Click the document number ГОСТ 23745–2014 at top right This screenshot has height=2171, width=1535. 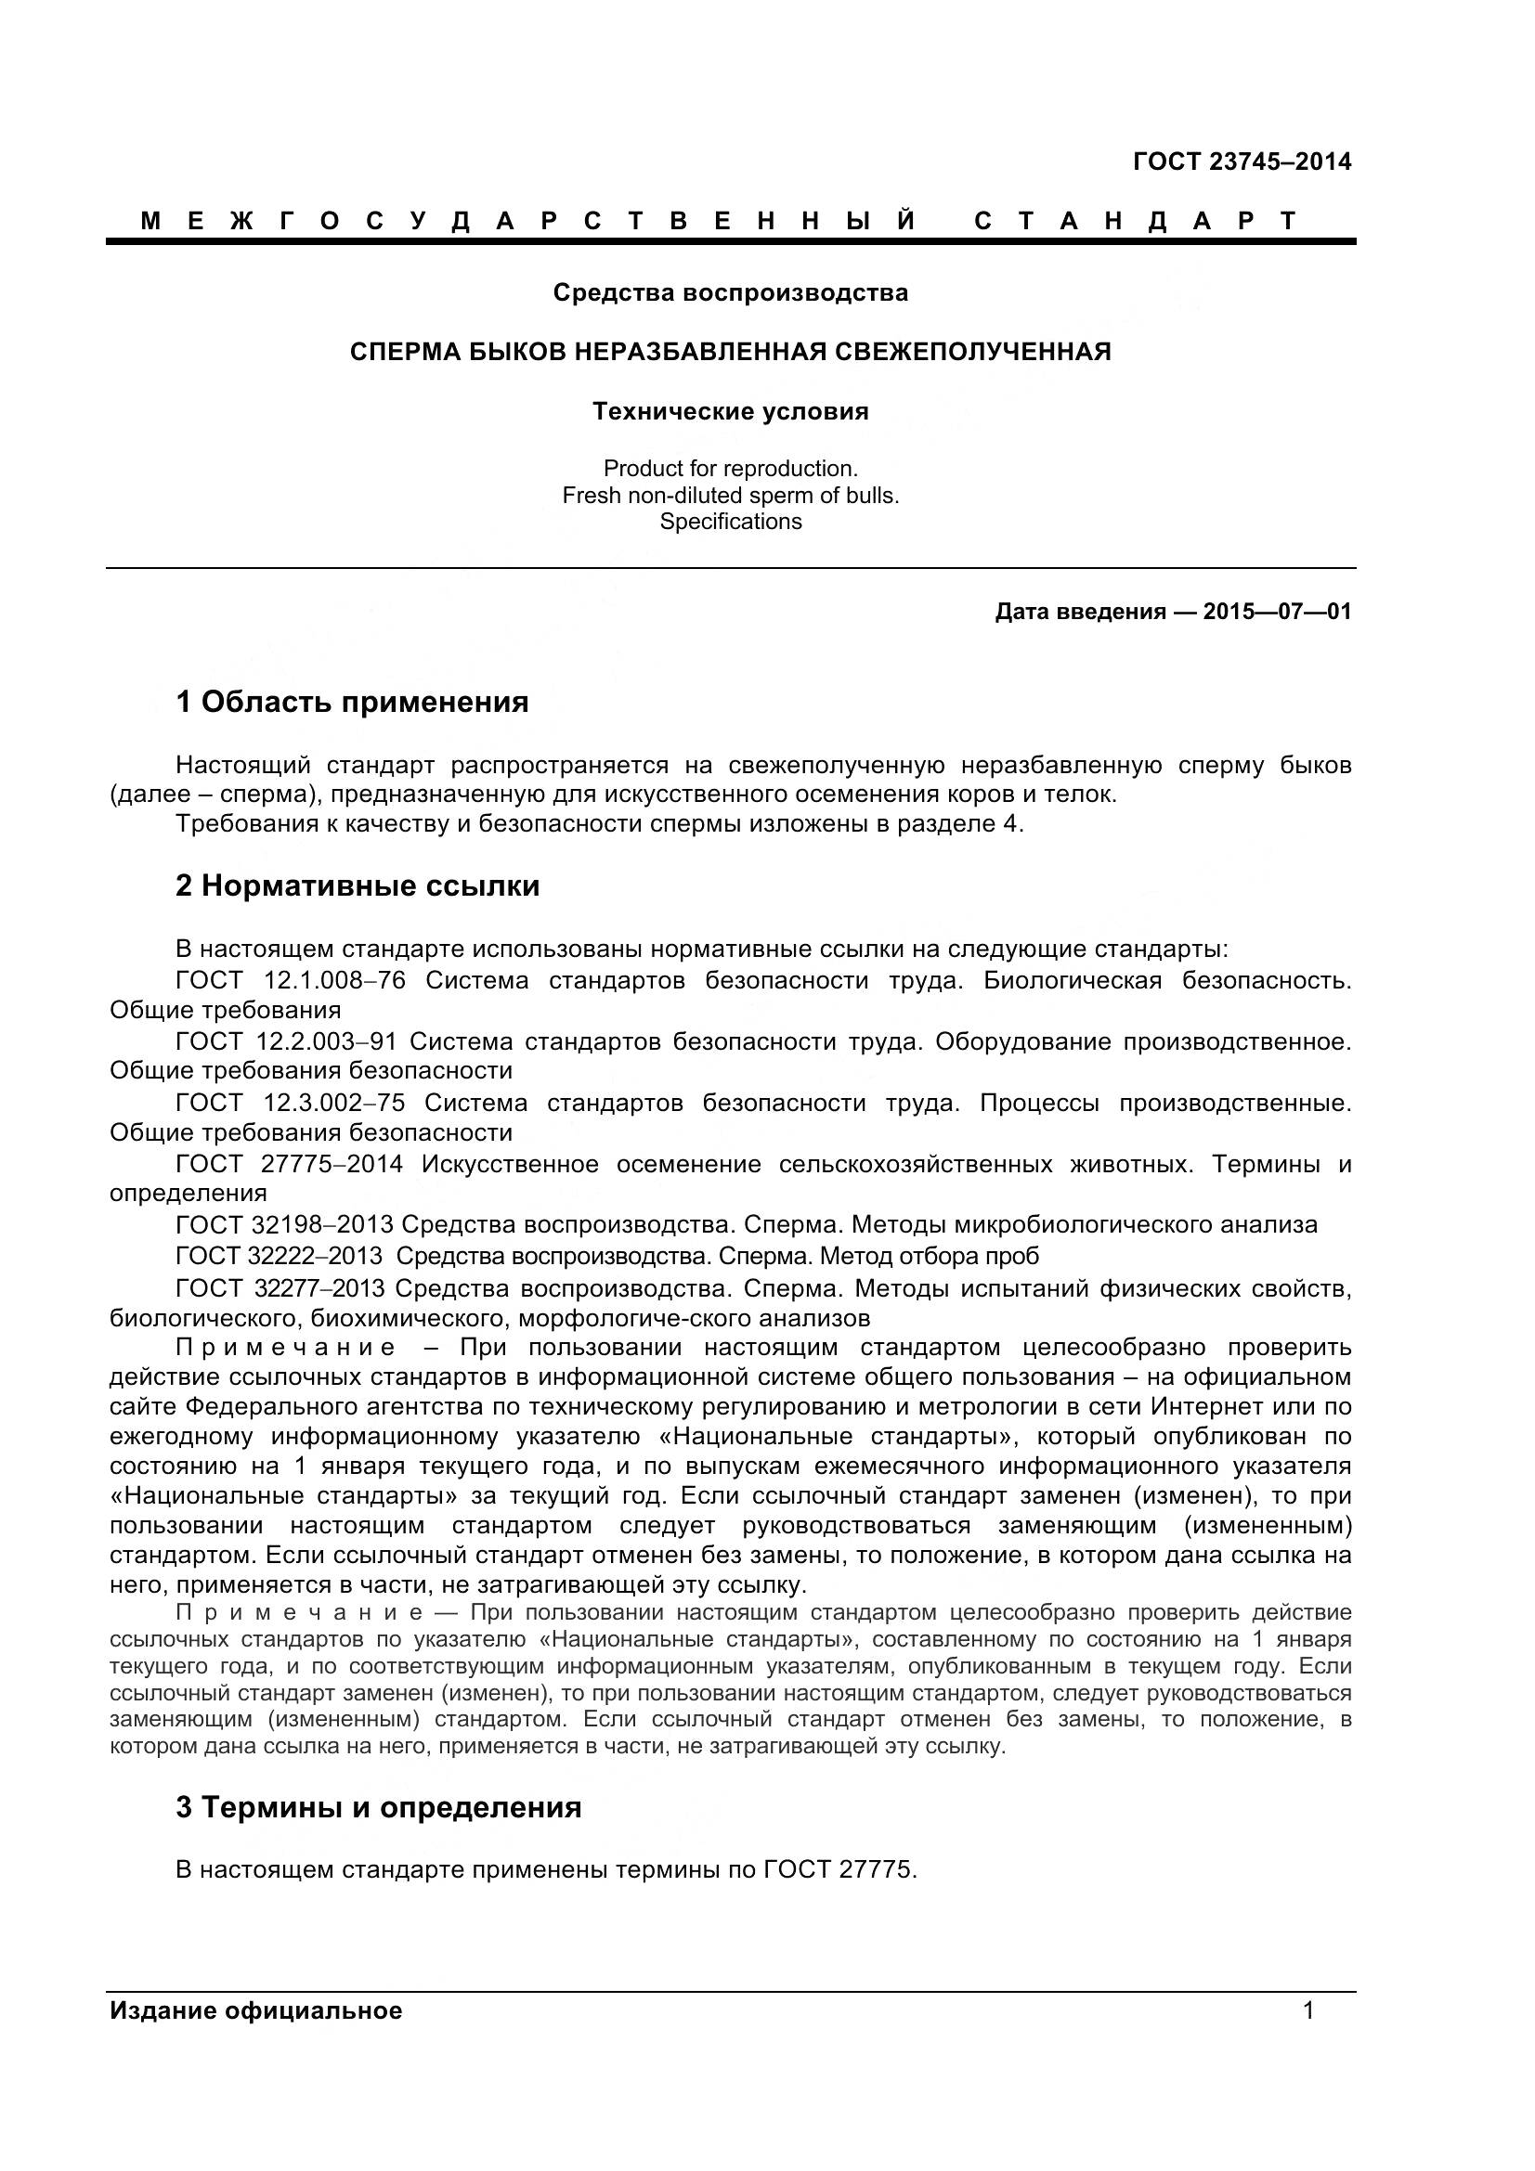click(x=1241, y=162)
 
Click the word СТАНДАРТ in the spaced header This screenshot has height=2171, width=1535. click(x=1135, y=221)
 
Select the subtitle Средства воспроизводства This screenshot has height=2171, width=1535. click(x=730, y=292)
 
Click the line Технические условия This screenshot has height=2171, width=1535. click(x=730, y=411)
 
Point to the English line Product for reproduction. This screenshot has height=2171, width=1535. click(x=730, y=468)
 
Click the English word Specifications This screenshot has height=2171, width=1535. click(x=730, y=521)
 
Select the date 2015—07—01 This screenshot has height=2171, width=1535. click(x=1277, y=612)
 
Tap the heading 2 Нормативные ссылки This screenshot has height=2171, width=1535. click(x=358, y=885)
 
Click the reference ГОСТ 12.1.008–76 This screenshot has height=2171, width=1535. click(x=291, y=979)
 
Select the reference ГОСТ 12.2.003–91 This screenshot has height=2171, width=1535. click(x=286, y=1041)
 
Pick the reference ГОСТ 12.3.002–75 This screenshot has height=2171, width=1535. click(x=290, y=1103)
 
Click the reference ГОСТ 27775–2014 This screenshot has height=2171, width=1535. click(x=289, y=1164)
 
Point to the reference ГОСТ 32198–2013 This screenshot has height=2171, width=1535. click(x=284, y=1224)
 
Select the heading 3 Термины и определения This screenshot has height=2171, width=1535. click(x=378, y=1807)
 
